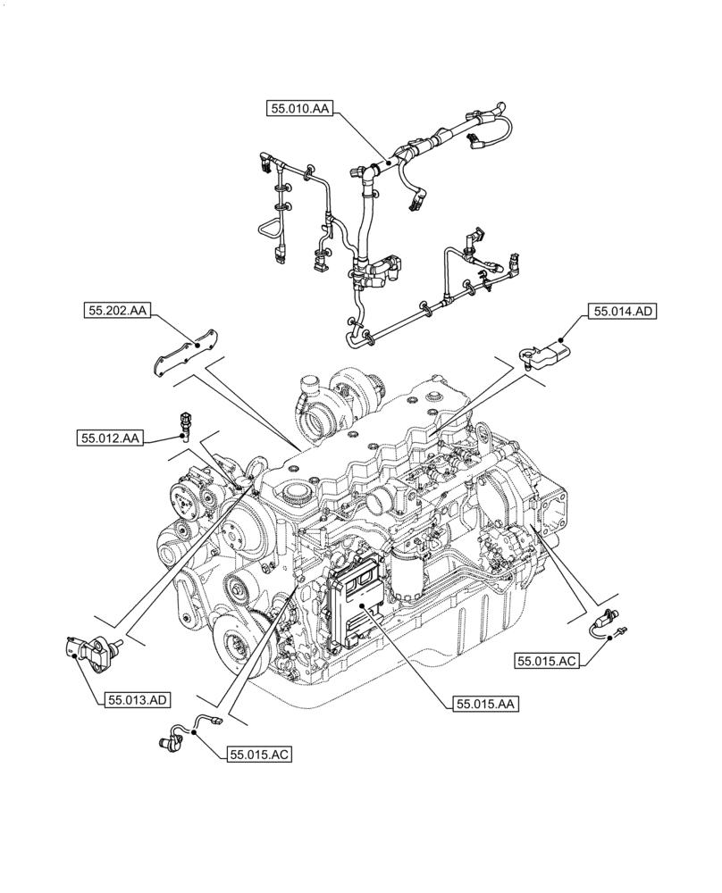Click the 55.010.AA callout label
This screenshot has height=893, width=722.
pos(299,109)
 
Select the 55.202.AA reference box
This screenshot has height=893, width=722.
pos(117,311)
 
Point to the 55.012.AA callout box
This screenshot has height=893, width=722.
pos(109,438)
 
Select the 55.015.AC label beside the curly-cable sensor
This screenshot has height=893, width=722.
pos(259,755)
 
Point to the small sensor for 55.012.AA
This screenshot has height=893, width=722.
pos(183,425)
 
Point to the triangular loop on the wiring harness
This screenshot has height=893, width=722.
pos(269,226)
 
